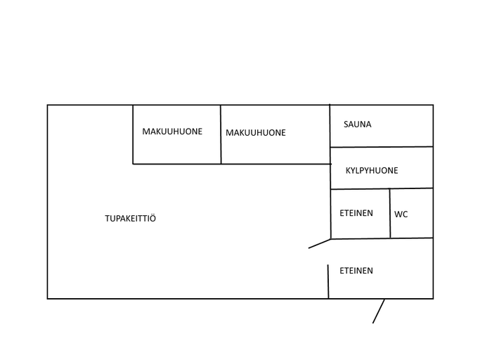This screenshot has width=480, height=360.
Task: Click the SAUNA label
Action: click(x=357, y=124)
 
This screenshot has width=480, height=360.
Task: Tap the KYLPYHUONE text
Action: click(x=372, y=171)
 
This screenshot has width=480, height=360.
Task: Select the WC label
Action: click(x=401, y=214)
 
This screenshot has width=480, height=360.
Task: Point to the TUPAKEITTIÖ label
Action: click(x=131, y=218)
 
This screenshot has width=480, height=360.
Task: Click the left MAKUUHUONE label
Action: click(x=172, y=131)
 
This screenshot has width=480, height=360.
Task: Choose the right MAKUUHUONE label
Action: click(x=256, y=133)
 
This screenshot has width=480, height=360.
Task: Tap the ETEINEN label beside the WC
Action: click(x=356, y=213)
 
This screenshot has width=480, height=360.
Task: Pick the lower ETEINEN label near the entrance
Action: click(x=356, y=271)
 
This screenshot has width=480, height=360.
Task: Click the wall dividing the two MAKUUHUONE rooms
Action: click(x=221, y=134)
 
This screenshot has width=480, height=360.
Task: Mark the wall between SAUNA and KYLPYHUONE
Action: click(x=382, y=147)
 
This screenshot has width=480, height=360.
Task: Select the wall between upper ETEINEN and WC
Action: click(x=390, y=213)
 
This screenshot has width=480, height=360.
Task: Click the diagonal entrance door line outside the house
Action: click(x=378, y=311)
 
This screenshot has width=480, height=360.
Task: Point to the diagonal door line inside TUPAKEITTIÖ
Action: click(x=320, y=243)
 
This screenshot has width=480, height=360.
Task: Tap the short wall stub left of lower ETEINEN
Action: click(x=328, y=281)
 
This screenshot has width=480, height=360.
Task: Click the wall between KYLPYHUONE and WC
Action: click(x=411, y=188)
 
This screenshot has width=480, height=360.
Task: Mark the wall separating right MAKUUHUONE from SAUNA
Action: click(x=330, y=126)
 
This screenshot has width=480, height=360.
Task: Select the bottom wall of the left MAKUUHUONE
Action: click(x=176, y=164)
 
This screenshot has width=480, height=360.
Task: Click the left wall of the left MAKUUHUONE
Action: click(x=133, y=134)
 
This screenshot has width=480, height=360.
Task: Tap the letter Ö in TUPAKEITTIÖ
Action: click(x=153, y=218)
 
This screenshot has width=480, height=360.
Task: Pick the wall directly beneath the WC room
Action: click(x=412, y=238)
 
